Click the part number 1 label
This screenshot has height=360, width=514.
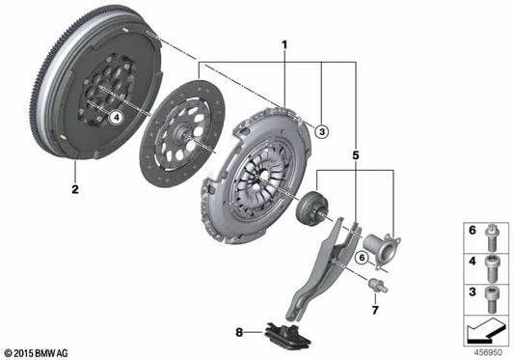pos(284,44)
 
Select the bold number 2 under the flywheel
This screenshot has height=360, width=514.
pos(73,189)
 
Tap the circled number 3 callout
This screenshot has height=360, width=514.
pos(322,131)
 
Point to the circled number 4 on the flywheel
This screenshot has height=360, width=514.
pos(117,117)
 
